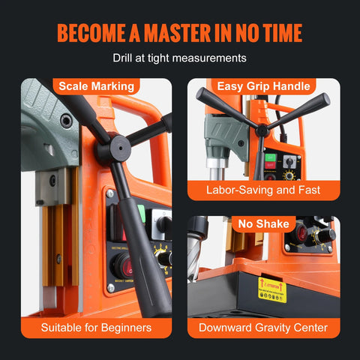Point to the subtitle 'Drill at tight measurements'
pyautogui.click(x=179, y=58)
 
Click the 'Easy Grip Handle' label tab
pyautogui.click(x=263, y=86)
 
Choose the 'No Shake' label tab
pyautogui.click(x=263, y=223)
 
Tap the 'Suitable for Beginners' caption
pyautogui.click(x=97, y=327)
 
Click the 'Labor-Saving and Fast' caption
pyautogui.click(x=263, y=190)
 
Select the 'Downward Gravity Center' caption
pyautogui.click(x=263, y=327)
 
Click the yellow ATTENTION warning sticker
pyautogui.click(x=271, y=289)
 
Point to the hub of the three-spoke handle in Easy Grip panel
pyautogui.click(x=262, y=130)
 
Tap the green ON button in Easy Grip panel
pyautogui.click(x=269, y=160)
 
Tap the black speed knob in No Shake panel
pyautogui.click(x=324, y=235)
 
